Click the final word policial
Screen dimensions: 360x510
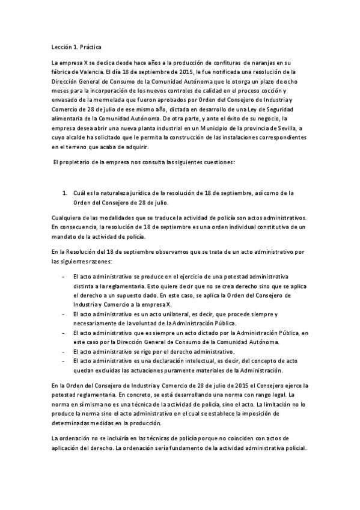[293, 448]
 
